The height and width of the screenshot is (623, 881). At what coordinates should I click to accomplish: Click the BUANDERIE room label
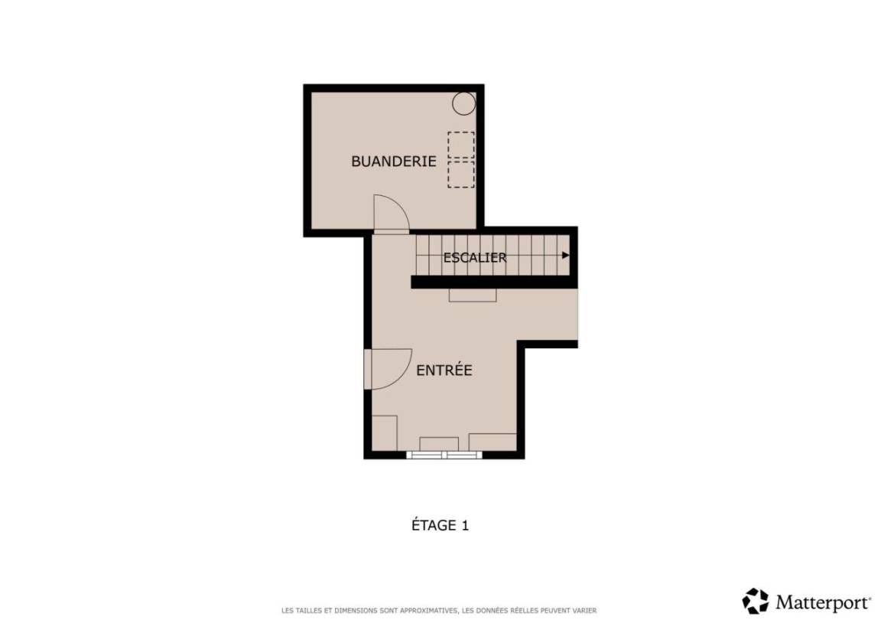[x=393, y=161]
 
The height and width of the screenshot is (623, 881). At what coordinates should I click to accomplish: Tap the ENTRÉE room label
[x=444, y=370]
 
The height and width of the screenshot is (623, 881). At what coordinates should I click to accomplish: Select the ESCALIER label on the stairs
[x=475, y=257]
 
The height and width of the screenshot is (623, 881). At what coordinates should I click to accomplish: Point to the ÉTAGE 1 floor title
[x=440, y=525]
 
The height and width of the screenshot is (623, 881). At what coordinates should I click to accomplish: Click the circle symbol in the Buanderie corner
[x=464, y=103]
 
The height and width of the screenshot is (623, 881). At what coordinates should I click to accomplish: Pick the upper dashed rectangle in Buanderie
[x=460, y=145]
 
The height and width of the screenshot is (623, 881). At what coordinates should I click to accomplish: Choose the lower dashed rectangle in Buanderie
[x=460, y=175]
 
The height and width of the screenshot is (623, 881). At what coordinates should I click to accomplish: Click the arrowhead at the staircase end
[x=566, y=256]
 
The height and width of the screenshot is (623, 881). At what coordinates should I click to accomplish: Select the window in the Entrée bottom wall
[x=444, y=455]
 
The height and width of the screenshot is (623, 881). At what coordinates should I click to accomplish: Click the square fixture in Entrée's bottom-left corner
[x=385, y=433]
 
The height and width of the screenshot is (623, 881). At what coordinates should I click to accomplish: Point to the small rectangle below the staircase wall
[x=473, y=295]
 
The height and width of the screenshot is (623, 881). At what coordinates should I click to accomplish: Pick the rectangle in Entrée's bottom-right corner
[x=493, y=442]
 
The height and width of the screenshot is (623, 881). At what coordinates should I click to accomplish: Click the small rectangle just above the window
[x=439, y=444]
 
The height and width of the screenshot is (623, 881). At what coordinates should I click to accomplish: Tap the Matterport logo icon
[x=755, y=601]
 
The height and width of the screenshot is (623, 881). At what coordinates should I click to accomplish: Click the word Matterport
[x=823, y=603]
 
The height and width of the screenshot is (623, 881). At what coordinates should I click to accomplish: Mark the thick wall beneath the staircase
[x=495, y=282]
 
